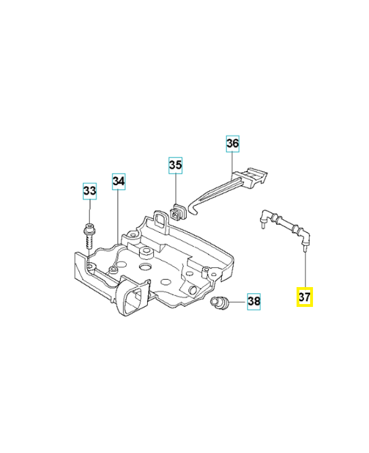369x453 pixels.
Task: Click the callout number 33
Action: tap(89, 191)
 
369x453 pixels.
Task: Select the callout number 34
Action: tap(119, 181)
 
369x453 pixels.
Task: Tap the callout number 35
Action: tap(175, 165)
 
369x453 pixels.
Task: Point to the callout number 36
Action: tap(233, 144)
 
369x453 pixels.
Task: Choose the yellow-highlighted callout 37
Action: tap(304, 297)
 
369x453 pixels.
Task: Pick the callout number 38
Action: tap(254, 301)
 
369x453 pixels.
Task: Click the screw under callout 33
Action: tap(89, 236)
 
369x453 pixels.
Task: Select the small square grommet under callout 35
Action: tap(178, 212)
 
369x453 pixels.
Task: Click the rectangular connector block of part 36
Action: tap(250, 178)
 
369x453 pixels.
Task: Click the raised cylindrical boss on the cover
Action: tap(146, 253)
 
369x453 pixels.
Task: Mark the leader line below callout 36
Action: tap(233, 162)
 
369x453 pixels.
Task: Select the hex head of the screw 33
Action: tap(89, 228)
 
